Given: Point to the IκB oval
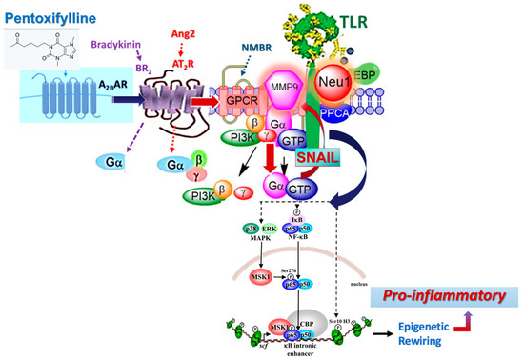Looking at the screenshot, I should coord(299,218).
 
